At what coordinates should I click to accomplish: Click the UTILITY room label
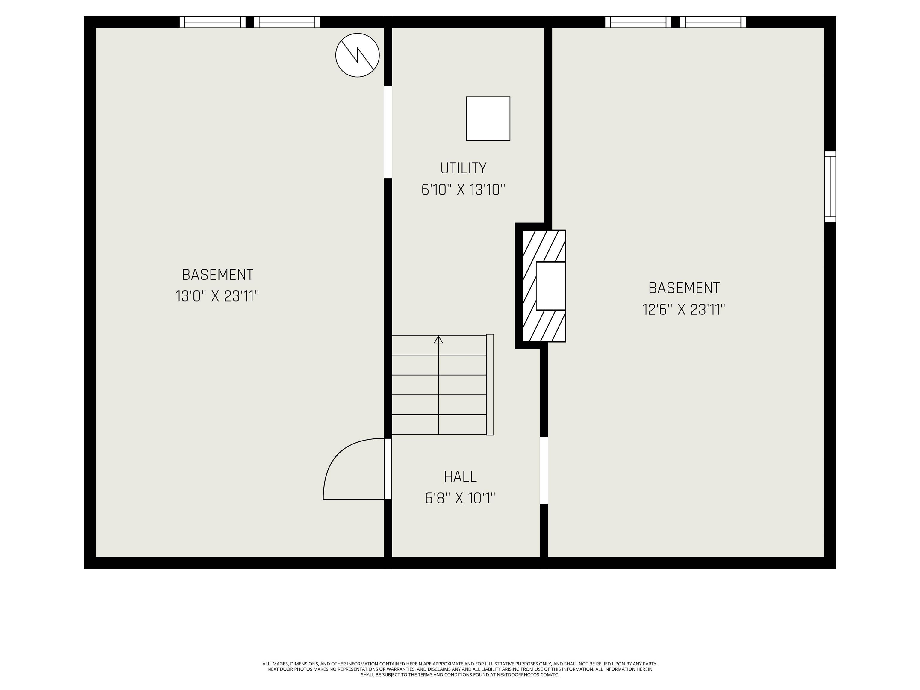(x=463, y=168)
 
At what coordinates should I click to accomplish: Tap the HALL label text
(x=460, y=476)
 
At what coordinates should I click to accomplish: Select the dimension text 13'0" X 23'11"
(x=217, y=296)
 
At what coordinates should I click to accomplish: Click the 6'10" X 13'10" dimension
(x=463, y=190)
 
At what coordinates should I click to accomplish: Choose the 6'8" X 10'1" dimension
(x=460, y=498)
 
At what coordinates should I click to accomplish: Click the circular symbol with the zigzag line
(x=357, y=55)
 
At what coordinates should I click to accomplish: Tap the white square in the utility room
(x=488, y=119)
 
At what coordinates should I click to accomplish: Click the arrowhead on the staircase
(x=438, y=339)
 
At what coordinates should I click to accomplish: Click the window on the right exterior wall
(x=830, y=186)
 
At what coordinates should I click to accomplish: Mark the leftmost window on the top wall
(x=213, y=22)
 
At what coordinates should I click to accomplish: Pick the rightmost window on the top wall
(x=713, y=22)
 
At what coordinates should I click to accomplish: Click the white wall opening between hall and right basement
(x=544, y=470)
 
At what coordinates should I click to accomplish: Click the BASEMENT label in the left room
(x=217, y=275)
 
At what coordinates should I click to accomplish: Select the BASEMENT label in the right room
(x=684, y=288)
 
